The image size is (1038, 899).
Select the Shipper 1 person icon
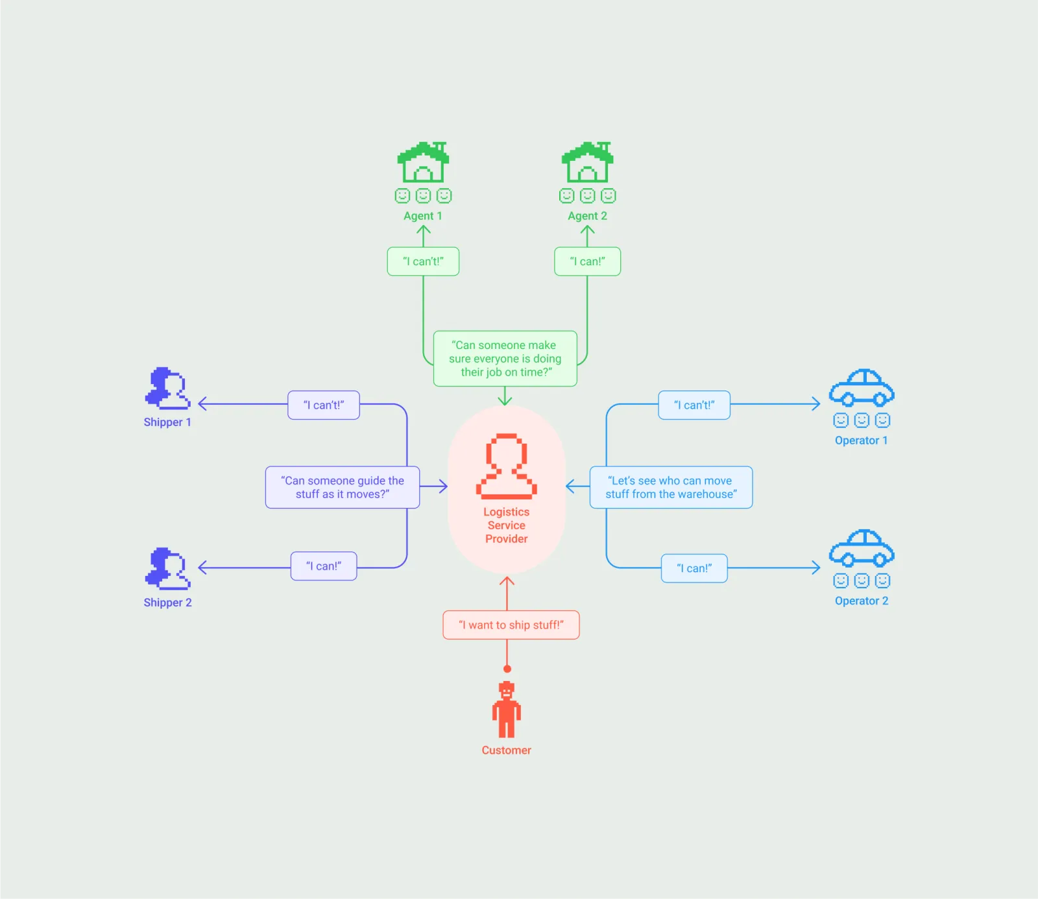[167, 389]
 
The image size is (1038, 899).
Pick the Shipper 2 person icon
[167, 569]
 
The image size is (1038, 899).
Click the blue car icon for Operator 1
[862, 388]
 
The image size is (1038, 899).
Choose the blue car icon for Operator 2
[862, 548]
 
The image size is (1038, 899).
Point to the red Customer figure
[507, 710]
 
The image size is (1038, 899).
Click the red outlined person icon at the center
[507, 466]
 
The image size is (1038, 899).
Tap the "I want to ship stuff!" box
[511, 625]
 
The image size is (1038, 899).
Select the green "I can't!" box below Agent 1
[423, 261]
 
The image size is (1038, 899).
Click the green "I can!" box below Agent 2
[587, 261]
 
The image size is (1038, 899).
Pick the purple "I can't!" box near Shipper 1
[324, 405]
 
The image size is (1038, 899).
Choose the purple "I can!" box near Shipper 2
[324, 566]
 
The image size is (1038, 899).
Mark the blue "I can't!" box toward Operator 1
[694, 405]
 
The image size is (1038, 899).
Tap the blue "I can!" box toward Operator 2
[694, 568]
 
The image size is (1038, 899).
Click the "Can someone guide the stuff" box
[343, 487]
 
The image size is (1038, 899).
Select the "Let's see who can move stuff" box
[671, 487]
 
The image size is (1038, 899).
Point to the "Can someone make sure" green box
[505, 359]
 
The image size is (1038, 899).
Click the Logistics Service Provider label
[507, 525]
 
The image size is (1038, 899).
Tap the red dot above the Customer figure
[507, 669]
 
